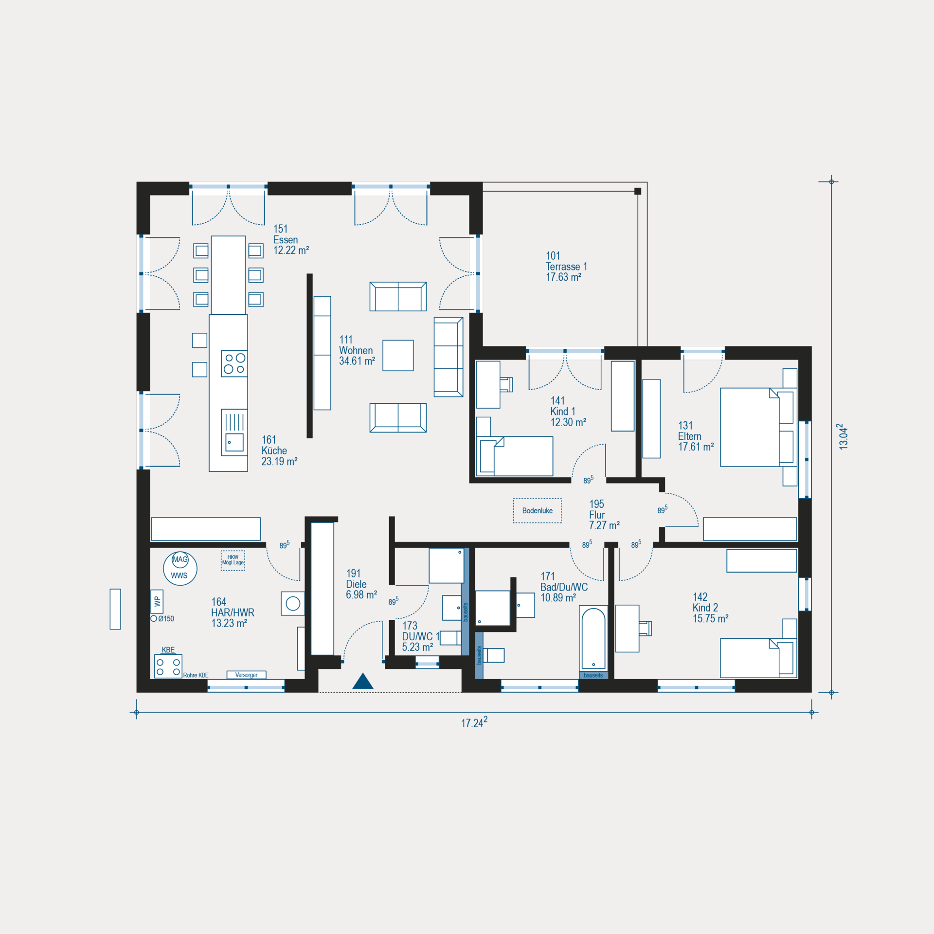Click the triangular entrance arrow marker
363,681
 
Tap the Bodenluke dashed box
537,510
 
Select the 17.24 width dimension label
474,722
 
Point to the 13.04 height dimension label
843,436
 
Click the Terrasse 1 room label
566,266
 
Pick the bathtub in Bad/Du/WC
593,638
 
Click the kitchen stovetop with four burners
234,363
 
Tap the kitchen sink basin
234,443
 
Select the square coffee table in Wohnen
398,355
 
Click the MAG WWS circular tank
180,568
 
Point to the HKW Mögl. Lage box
233,560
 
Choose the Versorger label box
246,675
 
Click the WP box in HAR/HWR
157,601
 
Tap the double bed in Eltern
758,427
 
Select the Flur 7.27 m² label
604,515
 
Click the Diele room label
361,584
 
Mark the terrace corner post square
638,191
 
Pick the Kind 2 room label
710,608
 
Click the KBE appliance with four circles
168,666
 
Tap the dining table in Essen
228,275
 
